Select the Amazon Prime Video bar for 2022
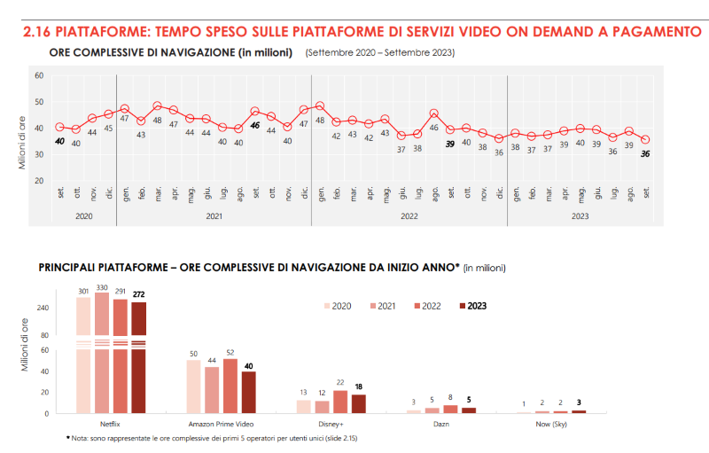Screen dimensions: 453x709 pyautogui.click(x=230, y=386)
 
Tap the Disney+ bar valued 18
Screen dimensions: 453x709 pyautogui.click(x=358, y=403)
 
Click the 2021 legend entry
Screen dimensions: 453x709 pyautogui.click(x=383, y=306)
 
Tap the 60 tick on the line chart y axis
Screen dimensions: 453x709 pyautogui.click(x=39, y=75)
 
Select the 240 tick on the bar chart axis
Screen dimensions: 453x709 pyautogui.click(x=42, y=309)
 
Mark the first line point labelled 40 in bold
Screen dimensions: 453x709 pyautogui.click(x=59, y=127)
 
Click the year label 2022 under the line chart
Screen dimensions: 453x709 pyautogui.click(x=409, y=215)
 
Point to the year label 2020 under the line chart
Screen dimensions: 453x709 pyautogui.click(x=84, y=215)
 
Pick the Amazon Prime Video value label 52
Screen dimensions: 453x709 pyautogui.click(x=231, y=352)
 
